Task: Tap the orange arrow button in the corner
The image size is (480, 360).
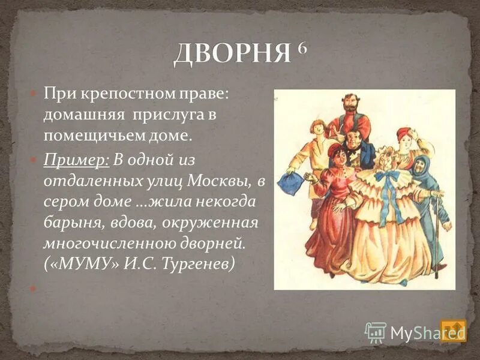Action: [x=453, y=330]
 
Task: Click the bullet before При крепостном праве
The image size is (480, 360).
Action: [x=34, y=94]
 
